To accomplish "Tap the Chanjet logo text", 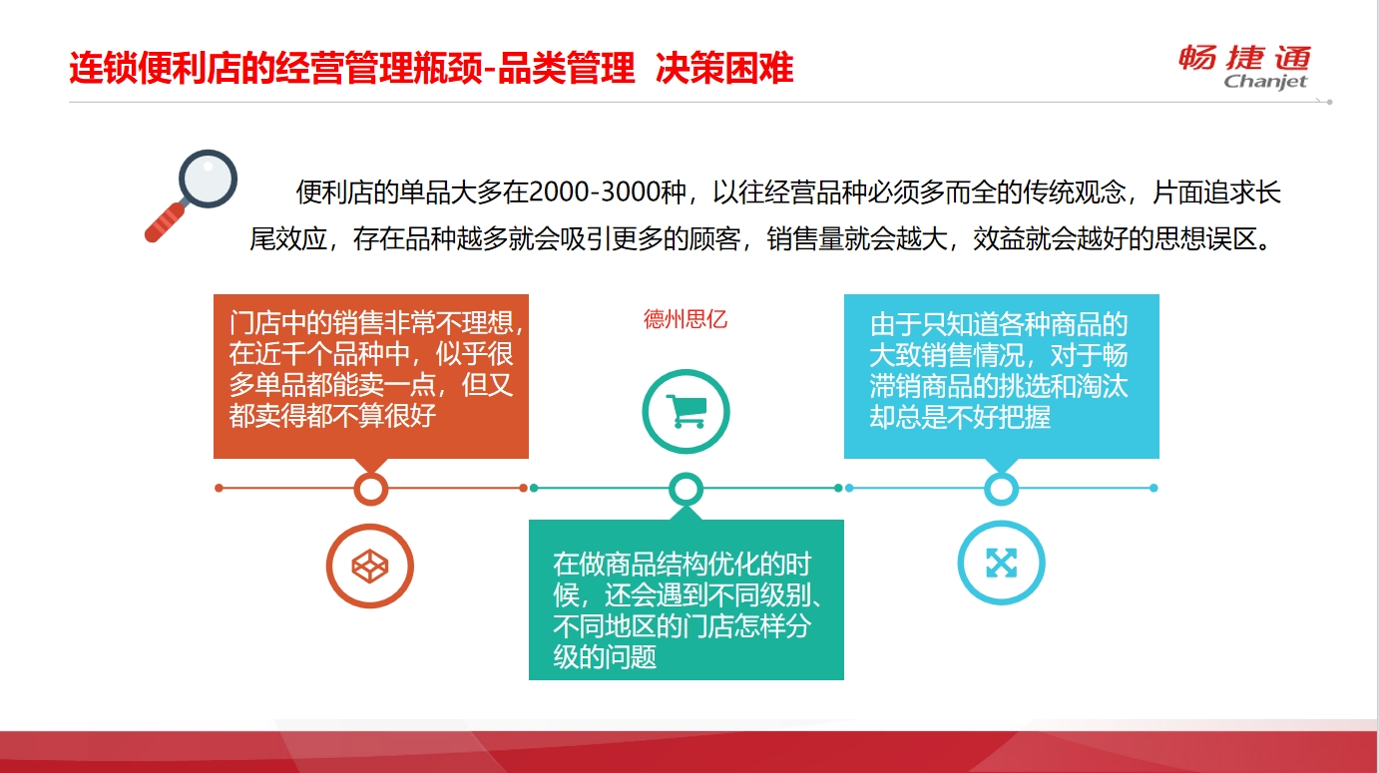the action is point(1265,81).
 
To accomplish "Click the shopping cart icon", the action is point(686,411).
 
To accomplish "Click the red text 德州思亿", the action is point(686,319).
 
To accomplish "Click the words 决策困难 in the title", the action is point(724,68).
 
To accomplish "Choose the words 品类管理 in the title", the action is point(566,68).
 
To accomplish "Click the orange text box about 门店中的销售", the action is point(370,376).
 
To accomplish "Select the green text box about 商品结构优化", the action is point(686,600).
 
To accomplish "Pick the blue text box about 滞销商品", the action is point(1001,376).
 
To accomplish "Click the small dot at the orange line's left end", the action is point(219,488).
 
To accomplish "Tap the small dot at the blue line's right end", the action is point(1153,488).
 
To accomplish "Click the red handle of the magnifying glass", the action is point(165,222).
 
